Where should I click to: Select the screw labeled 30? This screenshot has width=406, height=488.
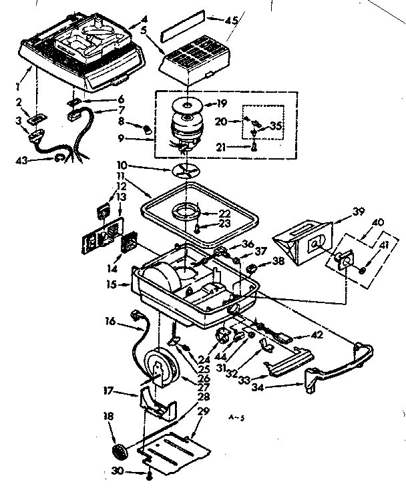[x=150, y=475]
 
